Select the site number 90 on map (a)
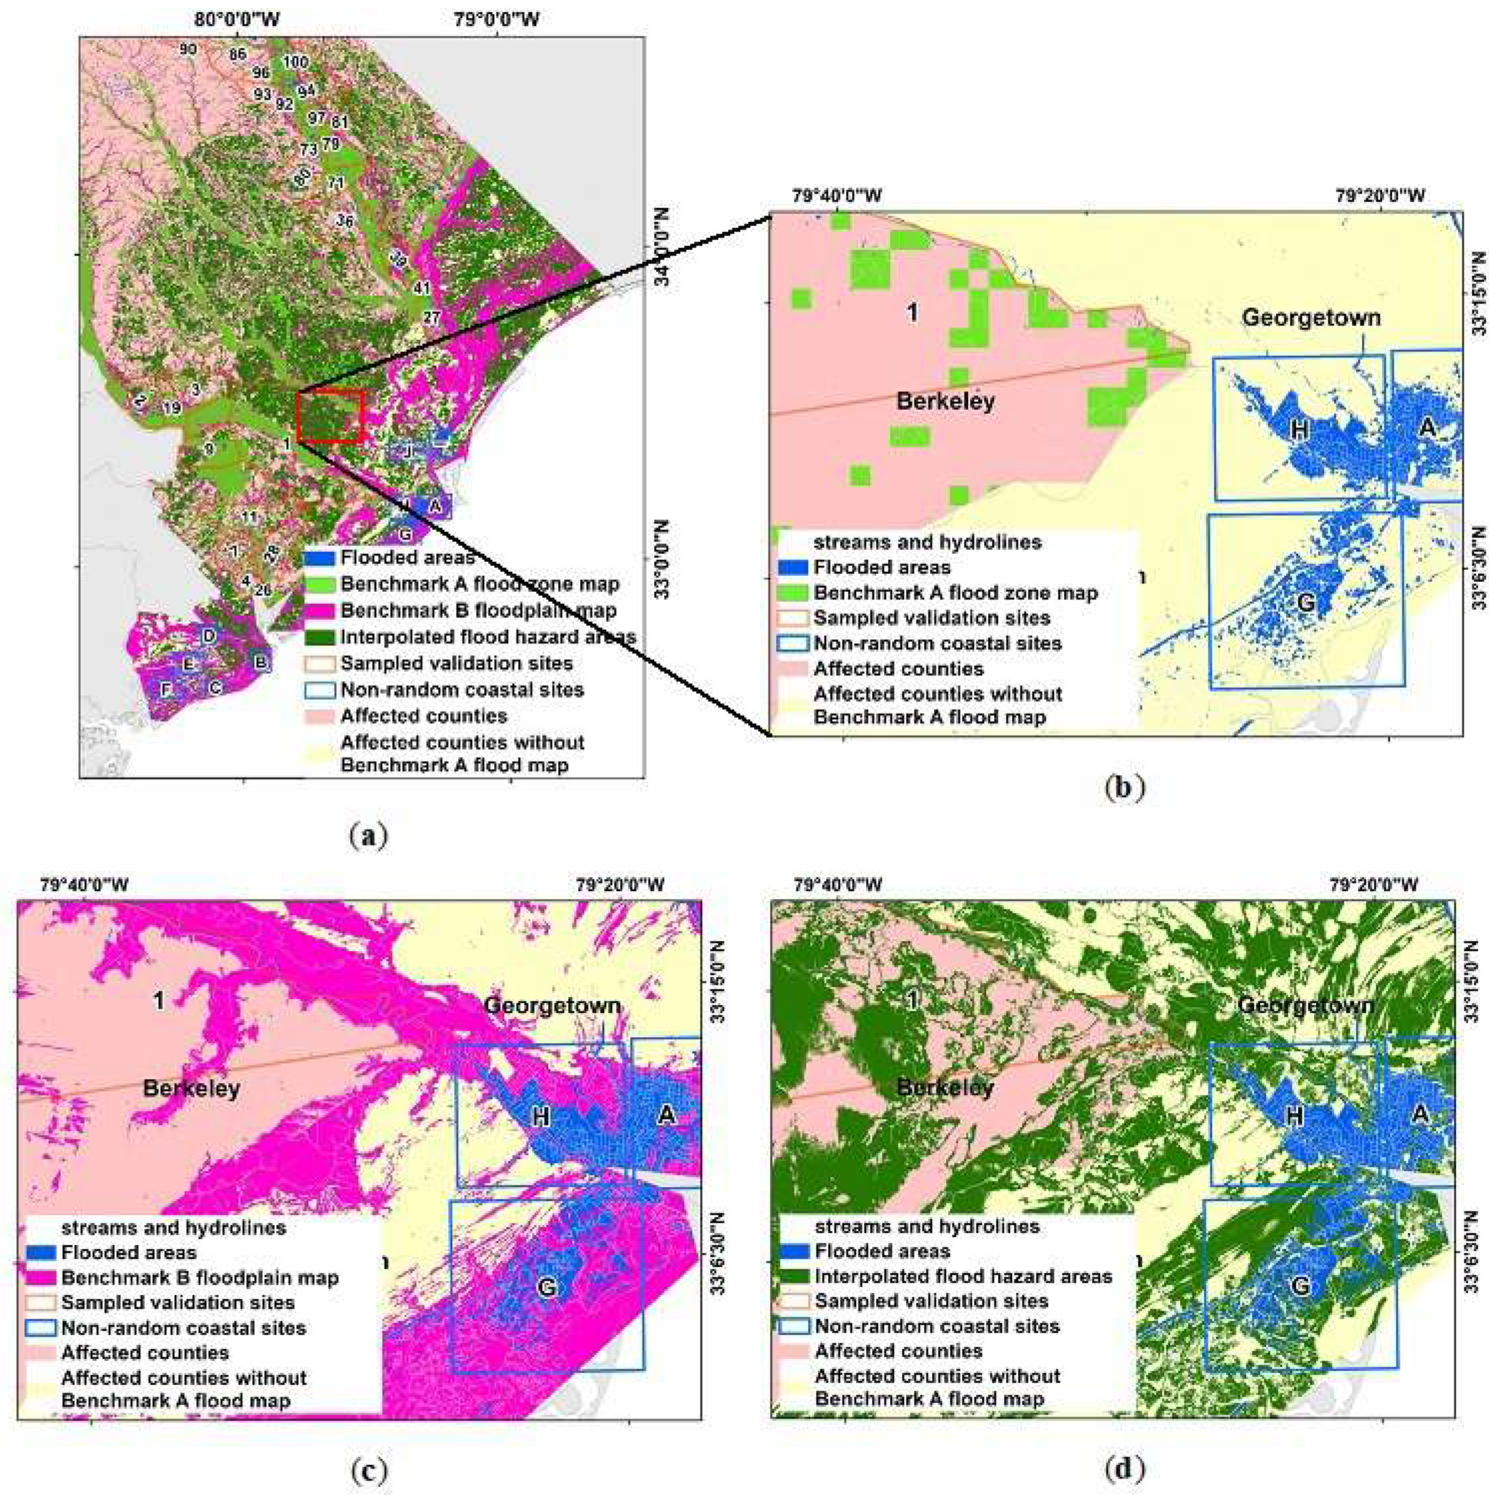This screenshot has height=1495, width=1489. (187, 50)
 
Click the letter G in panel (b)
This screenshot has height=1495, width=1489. (1306, 602)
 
